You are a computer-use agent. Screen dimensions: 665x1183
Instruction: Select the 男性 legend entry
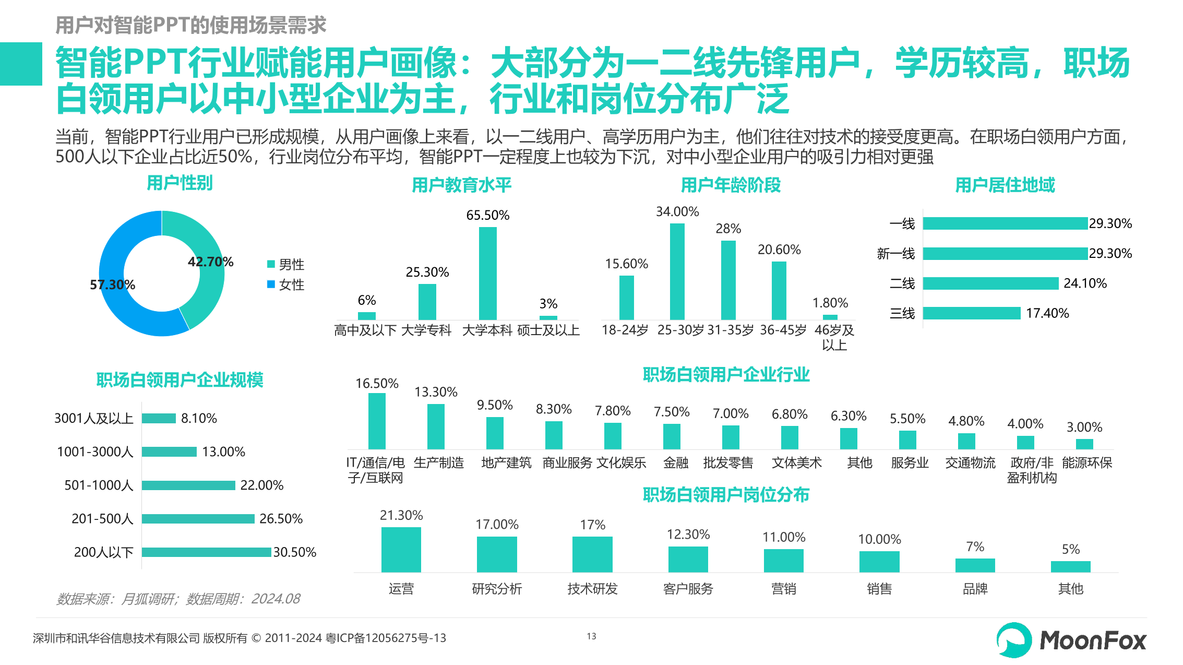[286, 265]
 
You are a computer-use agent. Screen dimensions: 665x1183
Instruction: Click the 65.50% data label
[487, 215]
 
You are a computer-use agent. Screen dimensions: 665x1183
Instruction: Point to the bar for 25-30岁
[677, 271]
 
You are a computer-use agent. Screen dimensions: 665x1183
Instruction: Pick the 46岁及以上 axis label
[834, 337]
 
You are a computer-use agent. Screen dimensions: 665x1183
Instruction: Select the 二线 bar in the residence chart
[990, 283]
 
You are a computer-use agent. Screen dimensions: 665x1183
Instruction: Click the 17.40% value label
[1047, 313]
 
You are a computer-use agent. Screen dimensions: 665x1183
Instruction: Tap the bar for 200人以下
[206, 552]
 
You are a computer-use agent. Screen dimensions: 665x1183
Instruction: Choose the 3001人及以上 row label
[94, 419]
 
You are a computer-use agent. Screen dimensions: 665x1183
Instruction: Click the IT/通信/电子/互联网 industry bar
[377, 421]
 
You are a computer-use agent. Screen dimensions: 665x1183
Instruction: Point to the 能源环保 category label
[1086, 463]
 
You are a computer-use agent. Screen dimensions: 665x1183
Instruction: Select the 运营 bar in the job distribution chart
[401, 550]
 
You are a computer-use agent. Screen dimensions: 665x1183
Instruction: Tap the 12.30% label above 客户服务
[688, 535]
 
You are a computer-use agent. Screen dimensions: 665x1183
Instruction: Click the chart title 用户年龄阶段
[731, 185]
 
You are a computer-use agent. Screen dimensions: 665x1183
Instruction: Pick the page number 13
[591, 636]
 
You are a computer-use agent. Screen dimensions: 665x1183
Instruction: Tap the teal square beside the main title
[21, 64]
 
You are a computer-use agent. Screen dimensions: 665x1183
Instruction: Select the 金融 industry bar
[672, 436]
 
